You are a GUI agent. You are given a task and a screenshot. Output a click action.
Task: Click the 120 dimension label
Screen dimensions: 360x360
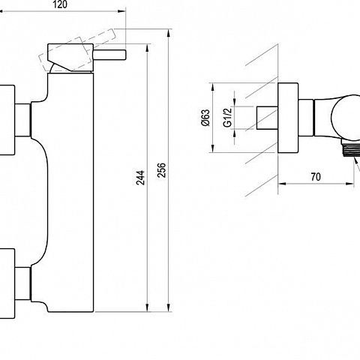[60, 4]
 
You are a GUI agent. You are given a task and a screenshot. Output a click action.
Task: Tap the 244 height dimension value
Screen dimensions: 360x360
[140, 178]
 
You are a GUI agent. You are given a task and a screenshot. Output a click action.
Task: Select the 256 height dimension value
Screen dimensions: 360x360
[162, 170]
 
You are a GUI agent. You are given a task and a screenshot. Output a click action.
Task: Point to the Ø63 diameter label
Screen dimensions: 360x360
[206, 118]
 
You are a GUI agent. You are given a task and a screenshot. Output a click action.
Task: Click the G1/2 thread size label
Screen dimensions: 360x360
[227, 118]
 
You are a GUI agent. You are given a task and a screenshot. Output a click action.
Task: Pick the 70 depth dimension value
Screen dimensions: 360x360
[316, 177]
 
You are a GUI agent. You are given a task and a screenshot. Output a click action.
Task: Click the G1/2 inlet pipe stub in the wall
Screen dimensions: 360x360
[267, 118]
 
